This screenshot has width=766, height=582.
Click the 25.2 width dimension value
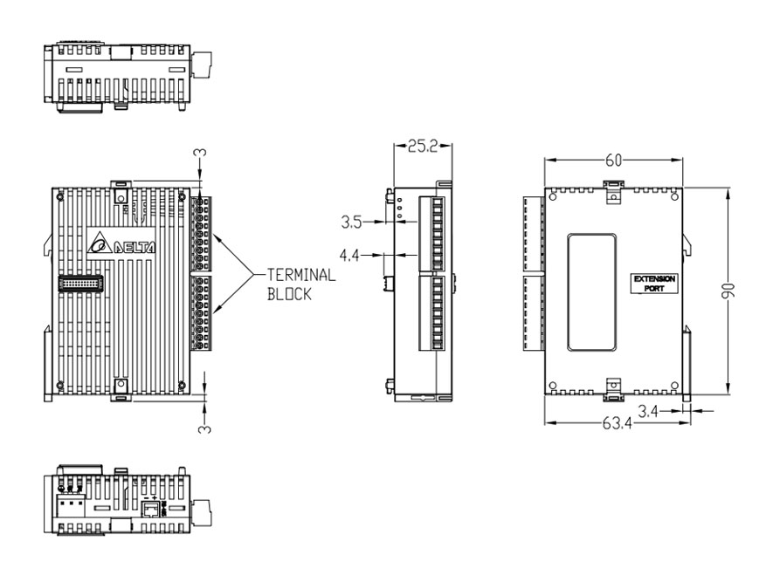tap(422, 146)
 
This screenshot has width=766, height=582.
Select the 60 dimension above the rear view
tap(613, 160)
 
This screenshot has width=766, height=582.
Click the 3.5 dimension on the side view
tap(353, 223)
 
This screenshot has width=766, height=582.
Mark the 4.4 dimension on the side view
tap(353, 256)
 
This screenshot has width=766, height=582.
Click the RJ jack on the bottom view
tap(149, 509)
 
